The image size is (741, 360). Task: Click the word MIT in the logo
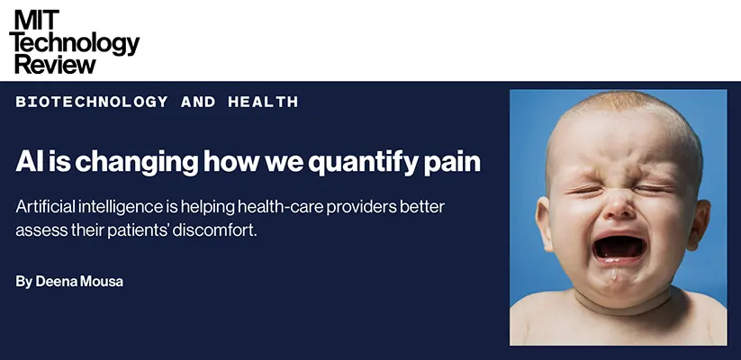(x=37, y=20)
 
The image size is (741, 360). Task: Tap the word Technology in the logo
(x=75, y=43)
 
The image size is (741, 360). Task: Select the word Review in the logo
(x=55, y=63)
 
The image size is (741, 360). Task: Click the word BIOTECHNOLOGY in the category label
(x=92, y=102)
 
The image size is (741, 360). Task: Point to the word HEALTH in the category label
(x=263, y=102)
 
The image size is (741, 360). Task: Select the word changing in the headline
(x=137, y=163)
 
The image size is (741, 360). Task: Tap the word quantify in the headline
(x=363, y=163)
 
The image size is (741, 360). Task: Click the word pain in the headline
(x=452, y=163)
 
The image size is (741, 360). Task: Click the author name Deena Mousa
(x=79, y=282)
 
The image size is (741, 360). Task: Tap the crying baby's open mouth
(x=620, y=247)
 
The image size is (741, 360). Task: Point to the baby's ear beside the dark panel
(x=544, y=223)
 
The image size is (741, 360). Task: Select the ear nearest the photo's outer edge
(x=699, y=224)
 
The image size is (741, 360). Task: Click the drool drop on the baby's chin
(x=614, y=274)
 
